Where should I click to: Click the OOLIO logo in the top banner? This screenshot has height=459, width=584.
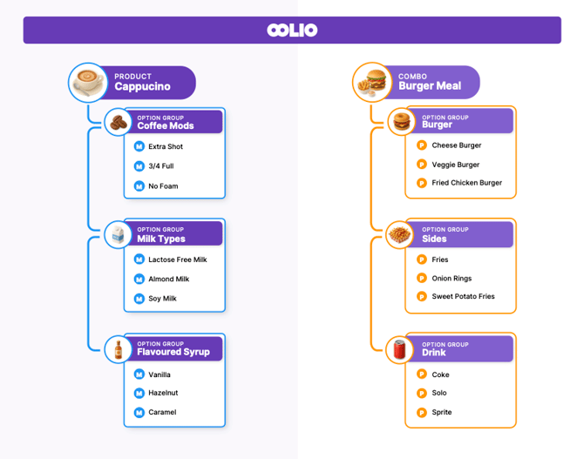pyautogui.click(x=292, y=30)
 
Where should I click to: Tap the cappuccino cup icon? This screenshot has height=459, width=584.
pyautogui.click(x=87, y=82)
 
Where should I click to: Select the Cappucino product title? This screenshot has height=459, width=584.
pyautogui.click(x=142, y=87)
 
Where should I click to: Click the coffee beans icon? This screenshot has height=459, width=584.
pyautogui.click(x=116, y=123)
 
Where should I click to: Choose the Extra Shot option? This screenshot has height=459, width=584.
pyautogui.click(x=166, y=146)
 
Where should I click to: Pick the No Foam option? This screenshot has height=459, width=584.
pyautogui.click(x=163, y=186)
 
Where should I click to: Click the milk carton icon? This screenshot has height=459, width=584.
pyautogui.click(x=117, y=235)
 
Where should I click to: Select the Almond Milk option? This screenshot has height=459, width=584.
pyautogui.click(x=168, y=280)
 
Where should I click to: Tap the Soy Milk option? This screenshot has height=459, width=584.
pyautogui.click(x=162, y=299)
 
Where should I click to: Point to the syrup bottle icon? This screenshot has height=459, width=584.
pyautogui.click(x=117, y=350)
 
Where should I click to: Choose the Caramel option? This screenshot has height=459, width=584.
pyautogui.click(x=162, y=412)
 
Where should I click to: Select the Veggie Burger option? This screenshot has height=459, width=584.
pyautogui.click(x=456, y=165)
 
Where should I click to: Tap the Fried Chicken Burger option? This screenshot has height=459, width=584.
pyautogui.click(x=466, y=183)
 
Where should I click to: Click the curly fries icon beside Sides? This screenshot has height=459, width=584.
pyautogui.click(x=399, y=235)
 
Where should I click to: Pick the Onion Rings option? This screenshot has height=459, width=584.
pyautogui.click(x=452, y=279)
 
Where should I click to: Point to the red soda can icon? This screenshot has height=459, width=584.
pyautogui.click(x=399, y=350)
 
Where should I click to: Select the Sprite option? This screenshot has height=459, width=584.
pyautogui.click(x=442, y=412)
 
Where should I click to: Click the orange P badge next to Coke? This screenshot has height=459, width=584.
pyautogui.click(x=421, y=375)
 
